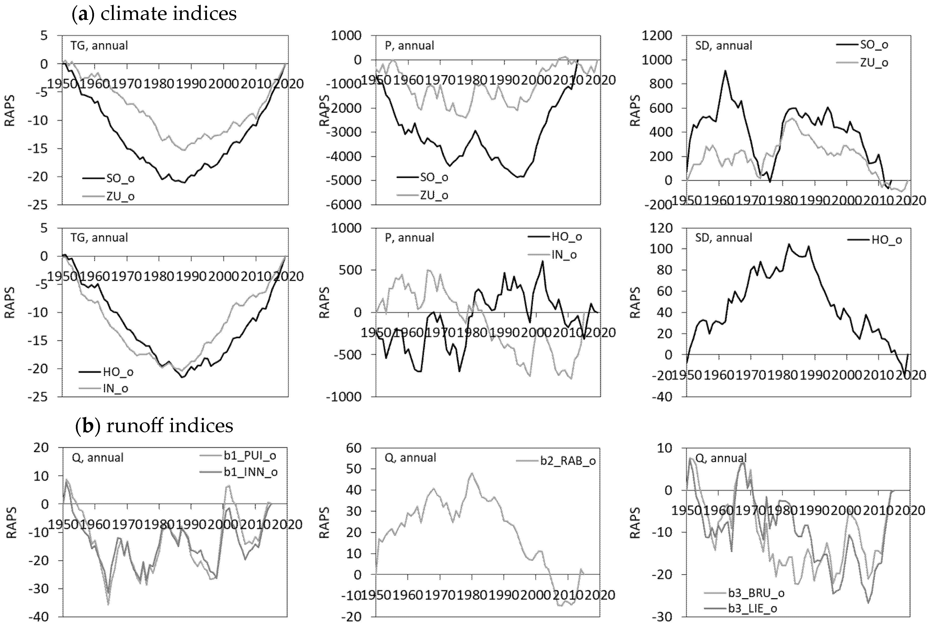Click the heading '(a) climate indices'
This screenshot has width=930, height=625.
[x=154, y=14]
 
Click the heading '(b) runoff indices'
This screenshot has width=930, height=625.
[x=154, y=426]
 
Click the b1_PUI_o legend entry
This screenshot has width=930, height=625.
[x=250, y=456]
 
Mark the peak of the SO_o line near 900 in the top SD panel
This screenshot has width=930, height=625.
[x=725, y=71]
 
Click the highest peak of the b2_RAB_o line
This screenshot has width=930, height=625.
[x=471, y=474]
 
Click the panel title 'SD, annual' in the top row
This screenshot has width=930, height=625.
[x=723, y=46]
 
